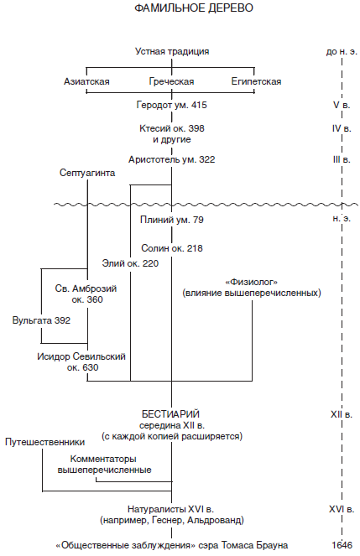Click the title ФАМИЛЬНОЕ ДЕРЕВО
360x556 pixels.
[x=194, y=8]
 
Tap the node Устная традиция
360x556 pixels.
[x=172, y=51]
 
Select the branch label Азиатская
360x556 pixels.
[x=86, y=81]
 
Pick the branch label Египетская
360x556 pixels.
[x=256, y=81]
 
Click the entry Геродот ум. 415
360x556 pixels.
[x=172, y=105]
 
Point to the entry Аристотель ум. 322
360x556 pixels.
[x=172, y=159]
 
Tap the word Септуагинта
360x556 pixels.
[x=87, y=173]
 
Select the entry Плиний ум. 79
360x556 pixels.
[x=172, y=220]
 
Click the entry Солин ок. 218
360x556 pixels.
[x=172, y=248]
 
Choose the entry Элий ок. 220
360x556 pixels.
[x=130, y=263]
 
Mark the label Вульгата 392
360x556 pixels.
[x=41, y=320]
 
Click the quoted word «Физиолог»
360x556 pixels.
[x=252, y=283]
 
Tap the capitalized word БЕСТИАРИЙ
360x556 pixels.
[x=170, y=414]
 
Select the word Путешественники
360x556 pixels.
[x=45, y=442]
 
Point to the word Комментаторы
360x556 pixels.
[x=103, y=459]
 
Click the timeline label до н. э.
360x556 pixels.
[x=342, y=51]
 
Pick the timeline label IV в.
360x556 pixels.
[x=342, y=128]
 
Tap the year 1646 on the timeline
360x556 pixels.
[x=342, y=545]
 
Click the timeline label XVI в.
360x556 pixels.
[x=342, y=510]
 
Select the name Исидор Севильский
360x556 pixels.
[x=81, y=356]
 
